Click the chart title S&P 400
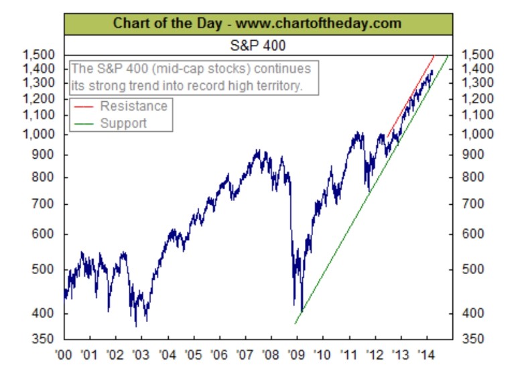click(x=259, y=45)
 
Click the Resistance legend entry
click(x=133, y=106)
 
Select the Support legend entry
click(x=123, y=123)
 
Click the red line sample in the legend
click(x=83, y=106)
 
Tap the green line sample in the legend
click(x=83, y=123)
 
